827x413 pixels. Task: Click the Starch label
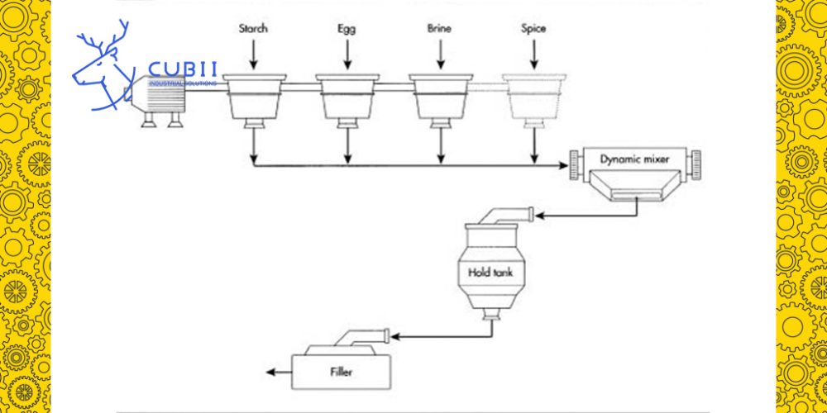[x=253, y=29]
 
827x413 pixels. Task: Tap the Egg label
[x=347, y=29]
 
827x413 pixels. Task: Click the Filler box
[x=340, y=372]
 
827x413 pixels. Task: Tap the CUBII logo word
[x=182, y=71]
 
